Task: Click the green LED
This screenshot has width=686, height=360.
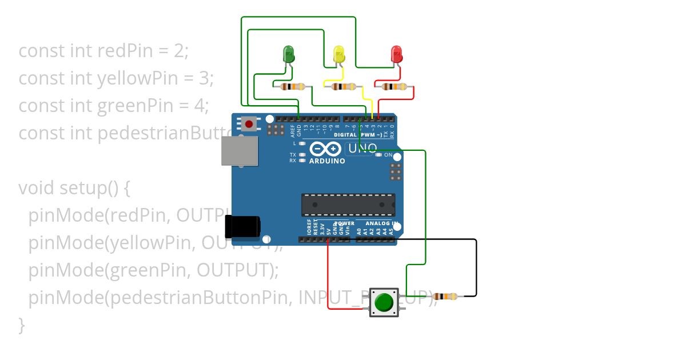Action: coord(289,55)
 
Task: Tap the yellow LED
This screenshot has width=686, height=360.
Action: coord(339,55)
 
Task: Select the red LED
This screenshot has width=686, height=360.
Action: coord(396,55)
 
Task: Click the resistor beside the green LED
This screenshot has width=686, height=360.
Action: coord(293,87)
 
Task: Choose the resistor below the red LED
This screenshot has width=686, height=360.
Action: coord(394,87)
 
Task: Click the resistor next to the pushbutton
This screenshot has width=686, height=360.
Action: coord(444,297)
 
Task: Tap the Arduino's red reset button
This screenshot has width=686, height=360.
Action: coord(249,123)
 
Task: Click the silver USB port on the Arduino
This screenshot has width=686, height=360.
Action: coord(240,151)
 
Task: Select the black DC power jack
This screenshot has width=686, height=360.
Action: coord(242,227)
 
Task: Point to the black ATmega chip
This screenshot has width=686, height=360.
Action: coord(348,205)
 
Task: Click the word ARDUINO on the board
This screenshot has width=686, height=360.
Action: coord(327,161)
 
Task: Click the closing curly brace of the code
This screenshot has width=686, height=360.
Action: coord(22,324)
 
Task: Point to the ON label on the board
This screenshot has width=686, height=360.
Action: coord(388,155)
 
